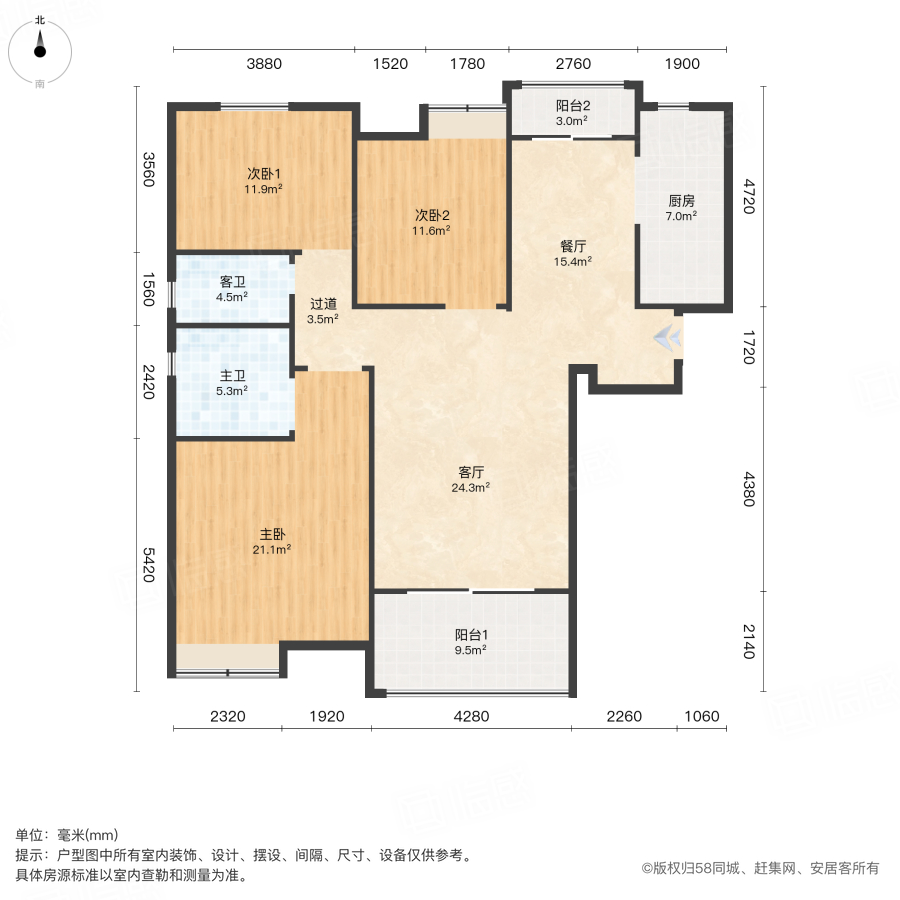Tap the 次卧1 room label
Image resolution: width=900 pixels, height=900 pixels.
coord(265,172)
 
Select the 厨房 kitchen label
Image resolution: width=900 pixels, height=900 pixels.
coord(682,200)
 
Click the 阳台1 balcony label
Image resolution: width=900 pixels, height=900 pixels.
coord(471,635)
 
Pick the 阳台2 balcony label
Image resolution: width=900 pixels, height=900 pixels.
coord(573,106)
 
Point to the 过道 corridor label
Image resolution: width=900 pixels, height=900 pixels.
coord(322,305)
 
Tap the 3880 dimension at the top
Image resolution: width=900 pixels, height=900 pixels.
coord(265,64)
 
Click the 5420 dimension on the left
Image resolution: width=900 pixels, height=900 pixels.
coord(148,566)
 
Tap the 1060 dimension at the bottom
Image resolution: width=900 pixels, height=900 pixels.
coord(703,716)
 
